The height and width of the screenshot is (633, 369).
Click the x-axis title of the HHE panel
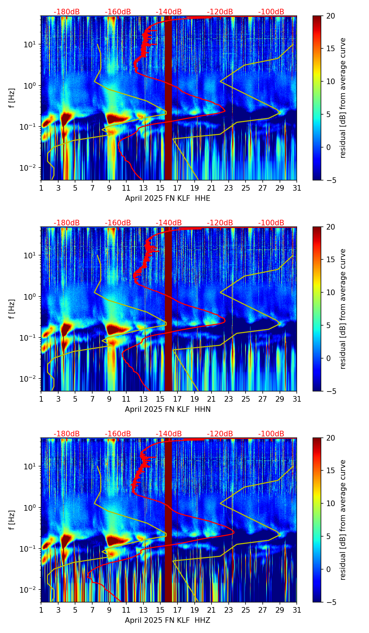[168, 198]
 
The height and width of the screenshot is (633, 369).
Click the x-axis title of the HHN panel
[168, 409]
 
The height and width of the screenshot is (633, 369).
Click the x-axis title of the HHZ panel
[168, 620]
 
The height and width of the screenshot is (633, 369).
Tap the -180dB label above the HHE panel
[67, 12]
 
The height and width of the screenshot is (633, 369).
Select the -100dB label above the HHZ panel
[271, 434]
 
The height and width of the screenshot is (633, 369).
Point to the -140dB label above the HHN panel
[169, 223]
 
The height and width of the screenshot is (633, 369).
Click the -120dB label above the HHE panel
[220, 12]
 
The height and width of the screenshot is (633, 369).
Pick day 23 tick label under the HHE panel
[229, 188]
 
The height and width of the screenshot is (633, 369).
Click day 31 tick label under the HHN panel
[297, 399]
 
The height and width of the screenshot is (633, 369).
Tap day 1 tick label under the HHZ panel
[41, 610]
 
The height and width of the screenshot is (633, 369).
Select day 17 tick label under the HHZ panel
[177, 610]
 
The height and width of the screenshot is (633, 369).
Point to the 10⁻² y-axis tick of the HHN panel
[31, 379]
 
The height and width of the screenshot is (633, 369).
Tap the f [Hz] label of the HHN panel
[12, 309]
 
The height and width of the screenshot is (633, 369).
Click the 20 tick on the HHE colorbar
[330, 16]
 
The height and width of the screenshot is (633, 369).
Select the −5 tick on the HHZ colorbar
[330, 602]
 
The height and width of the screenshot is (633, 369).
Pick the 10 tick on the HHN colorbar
[330, 292]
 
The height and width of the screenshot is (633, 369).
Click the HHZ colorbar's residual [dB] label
[343, 520]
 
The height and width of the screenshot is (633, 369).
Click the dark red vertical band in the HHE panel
[168, 98]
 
